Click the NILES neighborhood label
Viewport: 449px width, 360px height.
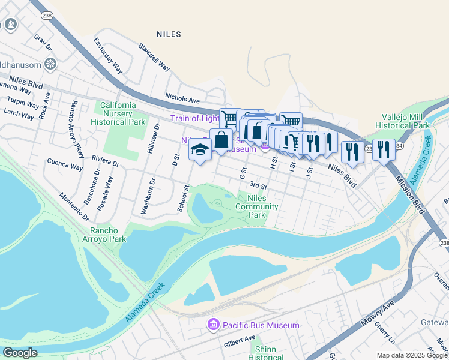pyautogui.click(x=168, y=34)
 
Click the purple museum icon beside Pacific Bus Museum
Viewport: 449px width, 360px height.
pyautogui.click(x=212, y=325)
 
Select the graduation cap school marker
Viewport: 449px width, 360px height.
pyautogui.click(x=199, y=150)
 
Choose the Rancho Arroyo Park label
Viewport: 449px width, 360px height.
pyautogui.click(x=108, y=235)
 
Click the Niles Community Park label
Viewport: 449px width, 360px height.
pyautogui.click(x=256, y=206)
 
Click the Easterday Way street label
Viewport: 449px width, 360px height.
pyautogui.click(x=108, y=56)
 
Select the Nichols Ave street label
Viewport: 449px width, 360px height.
pyautogui.click(x=182, y=99)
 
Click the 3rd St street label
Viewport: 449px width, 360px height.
pyautogui.click(x=258, y=186)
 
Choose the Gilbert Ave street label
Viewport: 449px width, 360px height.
pyautogui.click(x=240, y=341)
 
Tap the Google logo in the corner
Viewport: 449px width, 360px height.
pyautogui.click(x=20, y=353)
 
